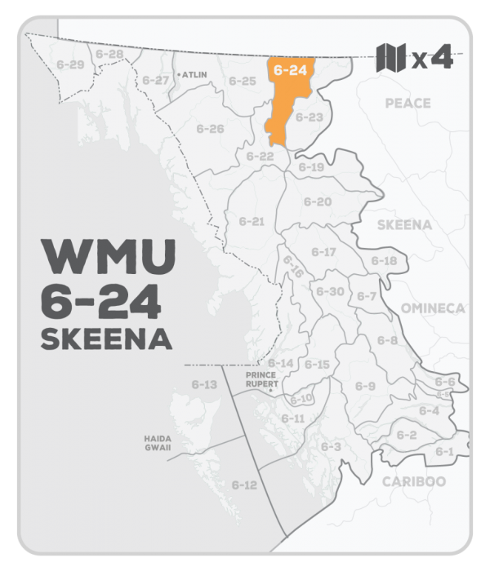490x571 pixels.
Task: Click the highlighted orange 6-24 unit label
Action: [x=291, y=71]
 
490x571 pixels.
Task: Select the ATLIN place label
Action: [x=195, y=73]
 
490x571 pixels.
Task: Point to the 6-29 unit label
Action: [x=65, y=64]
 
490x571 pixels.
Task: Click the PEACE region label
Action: [x=408, y=104]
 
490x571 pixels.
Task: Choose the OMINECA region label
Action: [x=433, y=308]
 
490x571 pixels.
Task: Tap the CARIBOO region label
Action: [x=414, y=481]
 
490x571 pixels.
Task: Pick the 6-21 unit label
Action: [x=252, y=221]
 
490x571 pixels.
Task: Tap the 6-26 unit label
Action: [x=210, y=129]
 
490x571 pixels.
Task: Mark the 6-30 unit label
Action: [x=330, y=291]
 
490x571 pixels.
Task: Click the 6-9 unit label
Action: [x=365, y=386]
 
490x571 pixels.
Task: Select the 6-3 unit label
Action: [x=330, y=447]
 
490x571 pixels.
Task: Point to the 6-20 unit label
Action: [x=318, y=201]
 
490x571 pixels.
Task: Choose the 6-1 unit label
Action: [x=444, y=451]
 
